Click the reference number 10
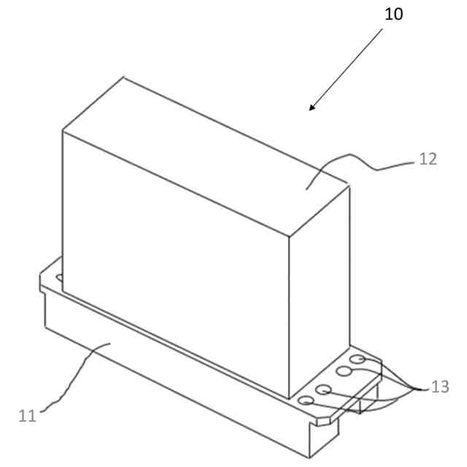(x=393, y=14)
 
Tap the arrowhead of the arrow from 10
(x=312, y=109)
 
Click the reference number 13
(x=440, y=387)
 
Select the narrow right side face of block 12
(x=319, y=292)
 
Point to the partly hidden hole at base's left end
(x=58, y=277)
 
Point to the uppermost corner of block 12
(x=124, y=77)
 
